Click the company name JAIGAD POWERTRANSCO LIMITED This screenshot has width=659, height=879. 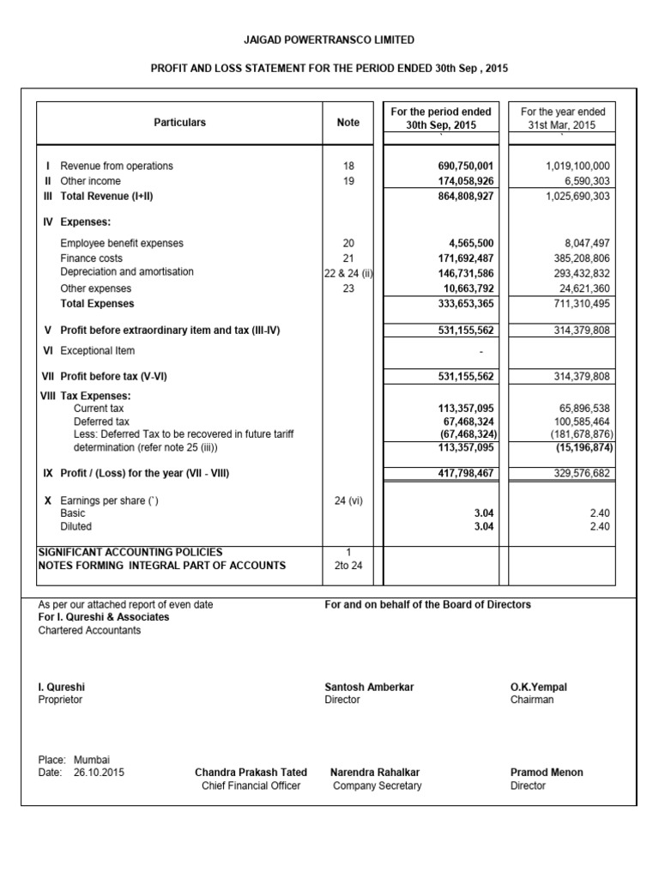coord(330,39)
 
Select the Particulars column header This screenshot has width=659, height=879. coord(179,123)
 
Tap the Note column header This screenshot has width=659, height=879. coord(348,123)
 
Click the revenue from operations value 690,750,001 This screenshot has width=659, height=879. coord(460,166)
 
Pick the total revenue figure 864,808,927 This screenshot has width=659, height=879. coord(460,197)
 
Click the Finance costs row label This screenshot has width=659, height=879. coord(91,258)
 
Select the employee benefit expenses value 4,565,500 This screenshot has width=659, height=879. coord(466,243)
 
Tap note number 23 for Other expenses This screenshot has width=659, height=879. coord(348,289)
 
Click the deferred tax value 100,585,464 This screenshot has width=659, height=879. coord(574,421)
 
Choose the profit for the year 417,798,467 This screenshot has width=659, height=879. coord(460,473)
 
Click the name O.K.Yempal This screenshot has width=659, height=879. coord(539,688)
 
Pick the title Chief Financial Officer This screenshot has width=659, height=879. coord(251,785)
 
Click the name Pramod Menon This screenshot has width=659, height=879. coord(547,773)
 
